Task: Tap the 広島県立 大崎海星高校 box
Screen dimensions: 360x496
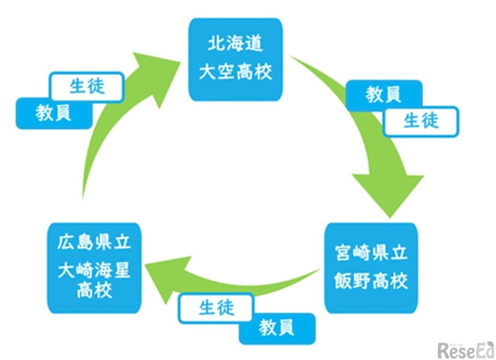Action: pos(94,268)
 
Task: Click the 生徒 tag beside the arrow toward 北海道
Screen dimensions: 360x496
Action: pos(87,87)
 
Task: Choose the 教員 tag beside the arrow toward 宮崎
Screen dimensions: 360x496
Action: pos(383,94)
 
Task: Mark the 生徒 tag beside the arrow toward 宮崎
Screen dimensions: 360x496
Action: pos(421,121)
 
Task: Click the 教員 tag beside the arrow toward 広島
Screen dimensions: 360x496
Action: pos(277,328)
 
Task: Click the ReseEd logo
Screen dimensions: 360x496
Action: pos(465,349)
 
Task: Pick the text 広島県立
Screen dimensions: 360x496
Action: pos(94,244)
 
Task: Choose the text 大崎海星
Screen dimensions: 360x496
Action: pos(94,270)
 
